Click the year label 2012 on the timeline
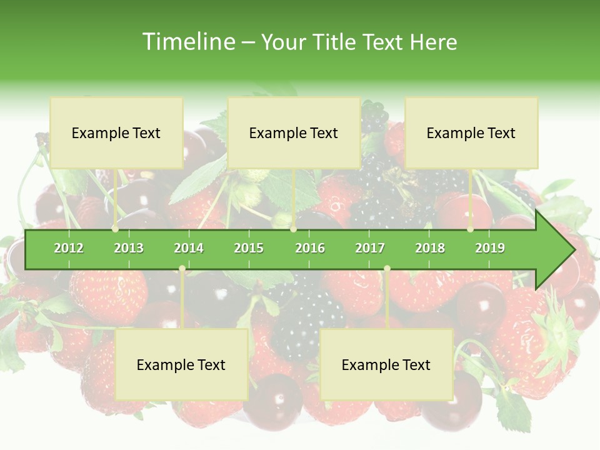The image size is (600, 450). point(69,248)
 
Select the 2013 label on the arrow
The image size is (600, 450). point(129,248)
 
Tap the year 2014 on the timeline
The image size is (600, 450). point(189,248)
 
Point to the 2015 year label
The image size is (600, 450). point(249,248)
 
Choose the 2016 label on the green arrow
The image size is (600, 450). point(310,248)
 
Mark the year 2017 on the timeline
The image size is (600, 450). point(370,248)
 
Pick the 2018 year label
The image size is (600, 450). point(430,248)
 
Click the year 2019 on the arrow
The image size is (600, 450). point(490,248)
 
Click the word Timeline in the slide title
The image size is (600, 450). point(187,42)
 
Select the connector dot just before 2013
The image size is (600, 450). point(115,229)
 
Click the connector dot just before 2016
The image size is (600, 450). point(293,229)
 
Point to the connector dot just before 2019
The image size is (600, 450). point(470,229)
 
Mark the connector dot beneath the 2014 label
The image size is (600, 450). point(182,269)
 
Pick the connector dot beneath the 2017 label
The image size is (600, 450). point(387,269)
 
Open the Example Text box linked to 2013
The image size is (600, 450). point(116,133)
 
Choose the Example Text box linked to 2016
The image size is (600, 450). point(294,133)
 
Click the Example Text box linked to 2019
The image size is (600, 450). point(471,133)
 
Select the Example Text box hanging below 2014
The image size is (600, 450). point(181,365)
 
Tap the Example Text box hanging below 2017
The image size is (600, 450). point(386,365)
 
